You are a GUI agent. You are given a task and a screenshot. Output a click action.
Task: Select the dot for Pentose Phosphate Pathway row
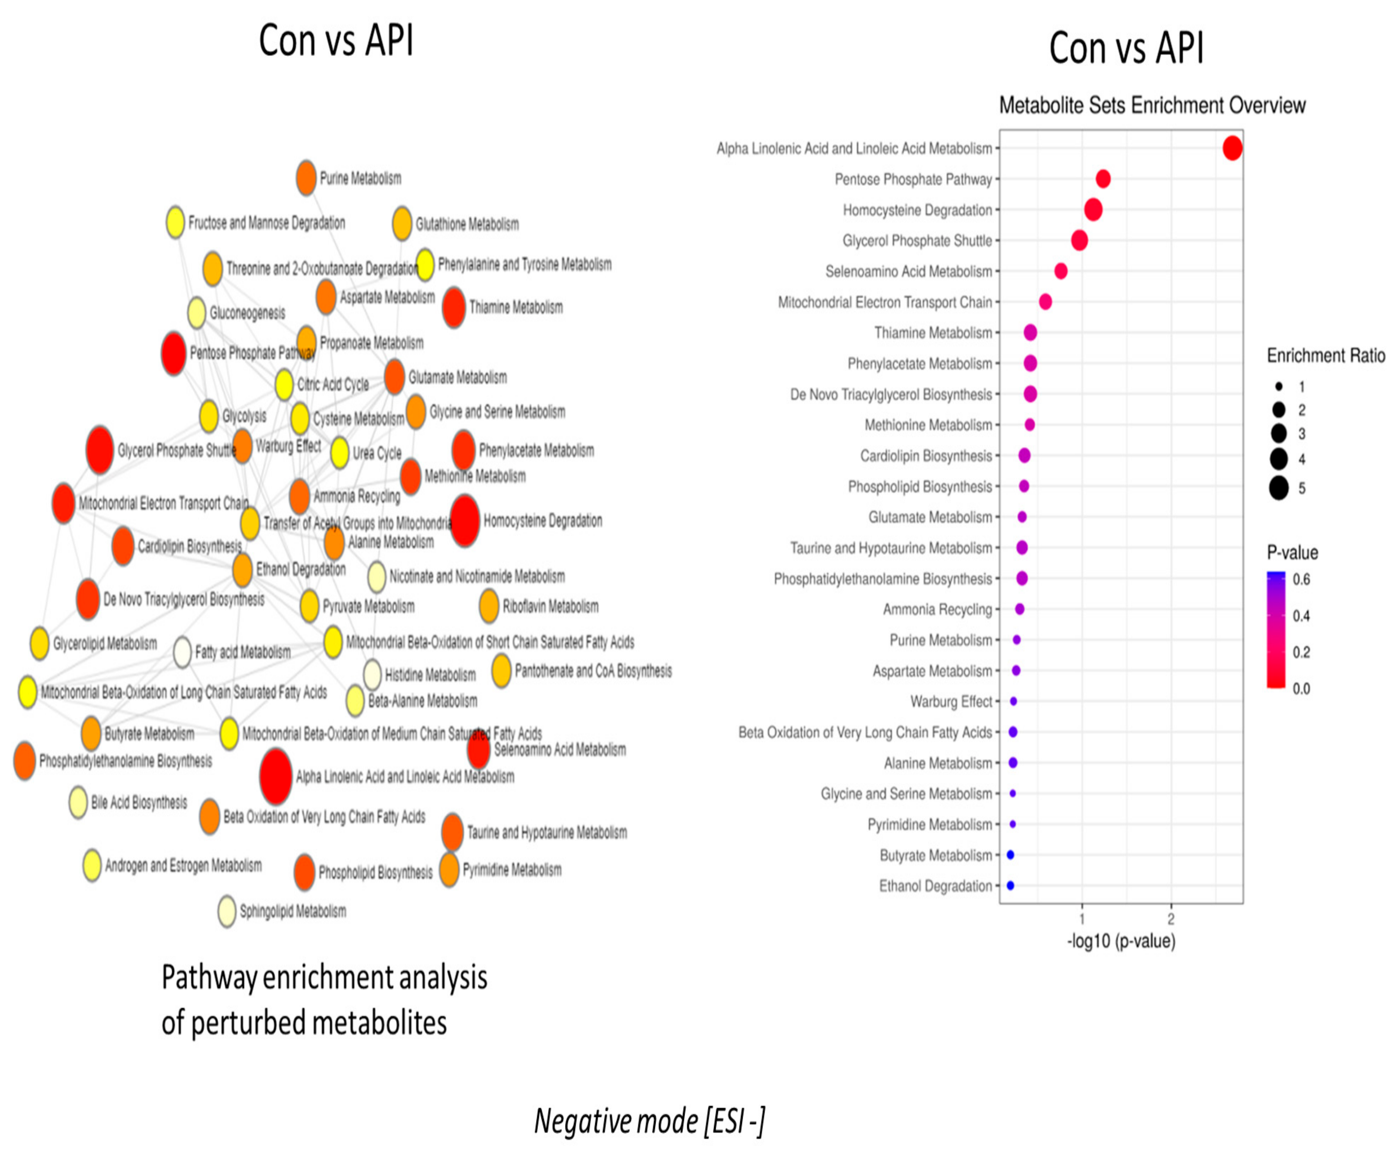point(1102,179)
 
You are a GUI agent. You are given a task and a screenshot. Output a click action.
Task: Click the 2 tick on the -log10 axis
point(1171,919)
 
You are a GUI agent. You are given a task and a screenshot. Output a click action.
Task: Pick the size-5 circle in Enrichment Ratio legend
point(1278,488)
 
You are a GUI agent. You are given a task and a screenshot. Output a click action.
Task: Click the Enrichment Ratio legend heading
point(1325,356)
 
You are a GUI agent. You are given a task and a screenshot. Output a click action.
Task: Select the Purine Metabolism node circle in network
point(305,178)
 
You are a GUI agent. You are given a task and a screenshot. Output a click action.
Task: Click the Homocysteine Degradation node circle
point(465,521)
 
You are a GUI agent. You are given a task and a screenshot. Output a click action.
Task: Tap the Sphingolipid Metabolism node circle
point(227,911)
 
